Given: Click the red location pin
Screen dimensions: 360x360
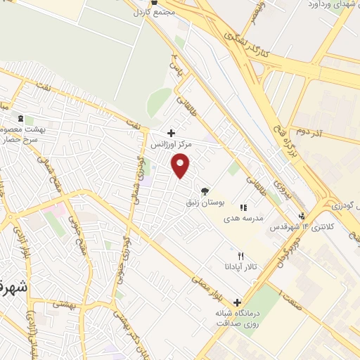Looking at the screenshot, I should tap(181, 166).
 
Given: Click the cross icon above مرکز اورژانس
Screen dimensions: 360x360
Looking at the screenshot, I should tap(171, 132).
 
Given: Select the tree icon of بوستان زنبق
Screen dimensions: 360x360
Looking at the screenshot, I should tap(205, 191).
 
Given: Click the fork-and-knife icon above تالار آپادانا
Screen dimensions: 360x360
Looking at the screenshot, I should tap(241, 255).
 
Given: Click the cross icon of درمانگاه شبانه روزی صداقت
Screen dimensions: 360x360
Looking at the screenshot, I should tap(237, 302).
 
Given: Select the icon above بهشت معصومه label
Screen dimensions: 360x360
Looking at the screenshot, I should tap(20, 118).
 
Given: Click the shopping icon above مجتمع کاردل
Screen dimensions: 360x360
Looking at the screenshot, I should tap(153, 2).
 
